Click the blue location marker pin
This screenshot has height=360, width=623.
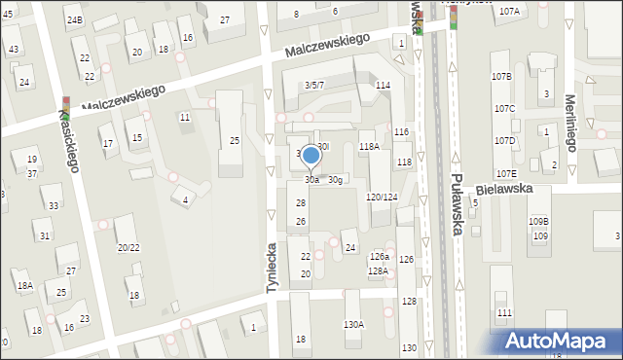(311, 156)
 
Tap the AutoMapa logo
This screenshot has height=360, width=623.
(560, 342)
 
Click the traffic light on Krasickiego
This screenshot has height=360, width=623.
(65, 101)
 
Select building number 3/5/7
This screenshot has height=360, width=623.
(314, 85)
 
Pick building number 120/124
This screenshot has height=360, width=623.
(381, 197)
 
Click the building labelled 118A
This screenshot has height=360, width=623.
(369, 146)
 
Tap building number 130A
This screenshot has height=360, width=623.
(353, 324)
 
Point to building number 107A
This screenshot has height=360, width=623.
(508, 11)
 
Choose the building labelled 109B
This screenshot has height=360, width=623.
(538, 222)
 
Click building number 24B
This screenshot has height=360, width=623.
(75, 19)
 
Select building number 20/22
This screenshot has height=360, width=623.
(128, 247)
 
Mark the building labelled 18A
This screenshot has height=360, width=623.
(24, 285)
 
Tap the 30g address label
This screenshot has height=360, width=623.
(335, 179)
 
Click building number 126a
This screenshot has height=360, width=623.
(379, 256)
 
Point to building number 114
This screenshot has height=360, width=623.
(384, 86)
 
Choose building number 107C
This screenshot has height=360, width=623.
(504, 108)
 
